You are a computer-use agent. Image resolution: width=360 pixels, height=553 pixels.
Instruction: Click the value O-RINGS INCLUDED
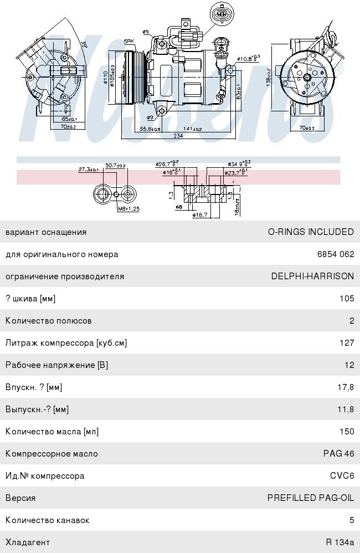(x=311, y=232)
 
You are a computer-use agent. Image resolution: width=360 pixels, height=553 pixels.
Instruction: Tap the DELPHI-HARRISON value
(x=312, y=276)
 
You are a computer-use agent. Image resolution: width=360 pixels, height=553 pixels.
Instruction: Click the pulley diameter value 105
(x=347, y=299)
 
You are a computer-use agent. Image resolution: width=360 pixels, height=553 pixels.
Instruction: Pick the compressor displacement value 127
(x=347, y=343)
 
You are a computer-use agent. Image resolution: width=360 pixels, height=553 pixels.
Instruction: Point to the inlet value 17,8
(x=346, y=387)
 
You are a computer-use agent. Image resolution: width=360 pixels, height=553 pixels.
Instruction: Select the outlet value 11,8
(x=346, y=409)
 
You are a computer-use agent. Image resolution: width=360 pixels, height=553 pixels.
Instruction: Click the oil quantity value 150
(x=347, y=432)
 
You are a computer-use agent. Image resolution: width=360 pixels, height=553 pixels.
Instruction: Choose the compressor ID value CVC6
(x=342, y=476)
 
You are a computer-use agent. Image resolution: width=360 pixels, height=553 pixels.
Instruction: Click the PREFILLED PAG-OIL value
(x=310, y=498)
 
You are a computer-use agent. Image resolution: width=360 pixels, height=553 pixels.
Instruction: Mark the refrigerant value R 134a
(x=340, y=542)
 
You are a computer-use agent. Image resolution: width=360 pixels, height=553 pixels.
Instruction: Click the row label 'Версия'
(x=20, y=498)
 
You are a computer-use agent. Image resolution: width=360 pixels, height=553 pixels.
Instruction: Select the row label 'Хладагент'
(x=28, y=542)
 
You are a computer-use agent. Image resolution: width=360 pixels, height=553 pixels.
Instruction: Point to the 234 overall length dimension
(x=178, y=135)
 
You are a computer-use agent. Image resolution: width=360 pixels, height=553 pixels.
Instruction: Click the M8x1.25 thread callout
(x=128, y=209)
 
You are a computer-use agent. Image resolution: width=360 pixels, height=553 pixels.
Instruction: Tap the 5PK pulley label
(x=129, y=41)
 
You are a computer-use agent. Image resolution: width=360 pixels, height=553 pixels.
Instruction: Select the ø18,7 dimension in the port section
(x=200, y=214)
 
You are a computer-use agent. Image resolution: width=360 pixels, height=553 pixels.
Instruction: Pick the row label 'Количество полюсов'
(x=49, y=321)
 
